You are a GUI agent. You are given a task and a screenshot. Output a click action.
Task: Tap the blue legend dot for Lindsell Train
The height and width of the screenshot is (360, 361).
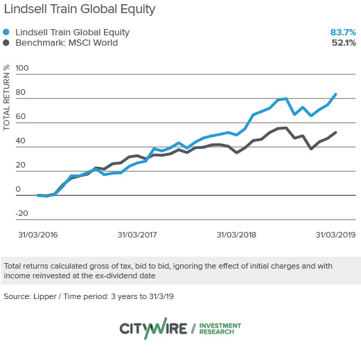(x=7, y=32)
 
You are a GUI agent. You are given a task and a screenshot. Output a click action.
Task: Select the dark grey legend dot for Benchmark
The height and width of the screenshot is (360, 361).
(x=7, y=43)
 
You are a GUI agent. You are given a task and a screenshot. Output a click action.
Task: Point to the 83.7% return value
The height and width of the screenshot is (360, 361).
(x=342, y=32)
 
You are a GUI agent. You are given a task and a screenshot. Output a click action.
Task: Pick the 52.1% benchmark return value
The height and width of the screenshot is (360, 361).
(x=342, y=43)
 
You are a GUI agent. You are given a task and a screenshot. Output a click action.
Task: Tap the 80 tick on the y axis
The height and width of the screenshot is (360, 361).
(x=21, y=93)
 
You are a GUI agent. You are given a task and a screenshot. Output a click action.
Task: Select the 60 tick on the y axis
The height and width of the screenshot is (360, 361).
(x=21, y=117)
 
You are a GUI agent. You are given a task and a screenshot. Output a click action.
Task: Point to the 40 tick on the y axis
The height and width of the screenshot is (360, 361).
(x=21, y=141)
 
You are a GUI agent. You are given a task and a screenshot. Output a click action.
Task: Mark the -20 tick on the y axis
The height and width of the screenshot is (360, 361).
(x=21, y=214)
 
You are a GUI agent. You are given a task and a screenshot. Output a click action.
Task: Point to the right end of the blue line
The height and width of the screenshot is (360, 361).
(x=336, y=94)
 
